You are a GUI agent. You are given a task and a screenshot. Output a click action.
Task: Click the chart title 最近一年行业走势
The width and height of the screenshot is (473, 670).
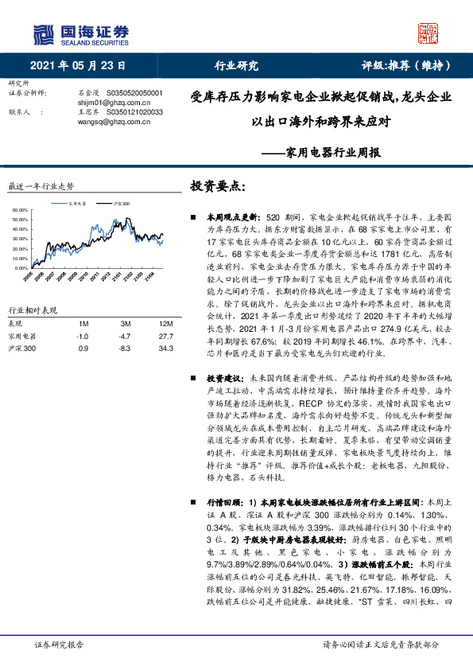click(41, 186)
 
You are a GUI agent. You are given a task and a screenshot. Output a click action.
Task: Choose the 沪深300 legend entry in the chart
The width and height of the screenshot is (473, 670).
click(121, 203)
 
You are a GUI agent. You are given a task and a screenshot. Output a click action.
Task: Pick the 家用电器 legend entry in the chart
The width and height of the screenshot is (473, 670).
click(78, 203)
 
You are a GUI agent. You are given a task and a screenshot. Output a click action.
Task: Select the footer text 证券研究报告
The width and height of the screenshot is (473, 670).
click(60, 644)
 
